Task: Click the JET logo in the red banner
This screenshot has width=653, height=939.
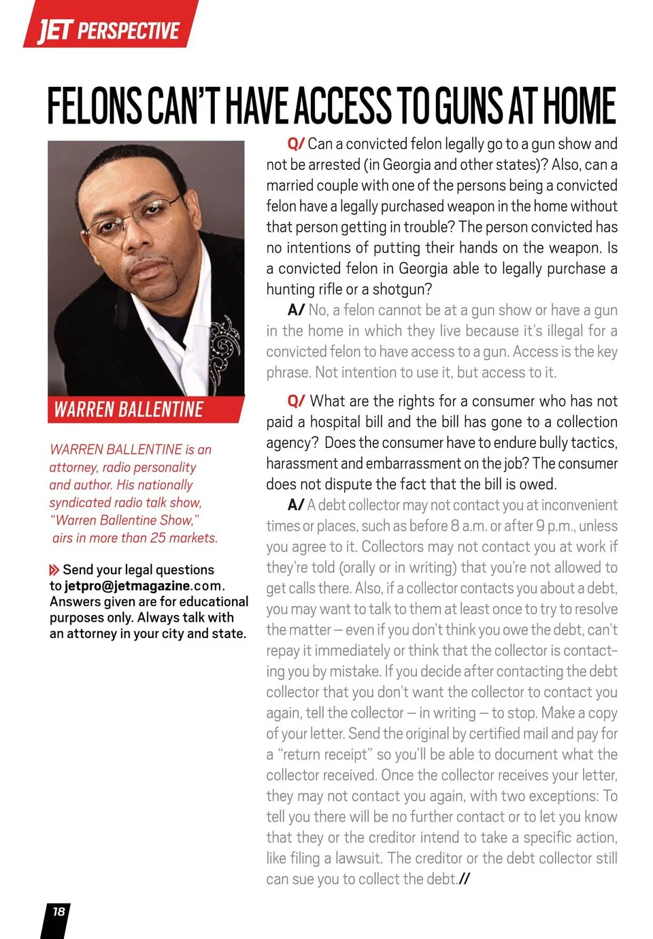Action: pos(54,30)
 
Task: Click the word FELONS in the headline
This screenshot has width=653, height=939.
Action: pos(93,106)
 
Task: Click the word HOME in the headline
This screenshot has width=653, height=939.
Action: pos(579,106)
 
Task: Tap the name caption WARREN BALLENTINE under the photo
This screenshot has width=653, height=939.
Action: pos(129,410)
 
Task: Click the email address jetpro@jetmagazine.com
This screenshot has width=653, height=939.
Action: pos(144,586)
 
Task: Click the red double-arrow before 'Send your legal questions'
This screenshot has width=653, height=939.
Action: pos(54,570)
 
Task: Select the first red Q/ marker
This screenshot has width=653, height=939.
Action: pos(296,144)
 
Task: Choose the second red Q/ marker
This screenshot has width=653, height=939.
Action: pos(296,401)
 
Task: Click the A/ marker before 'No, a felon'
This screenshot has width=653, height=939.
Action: pos(296,311)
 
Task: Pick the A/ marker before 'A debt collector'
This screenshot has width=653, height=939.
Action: pos(296,505)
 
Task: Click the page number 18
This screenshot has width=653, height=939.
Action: pos(59,912)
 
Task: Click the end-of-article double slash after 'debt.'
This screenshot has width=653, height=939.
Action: pos(464,879)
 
